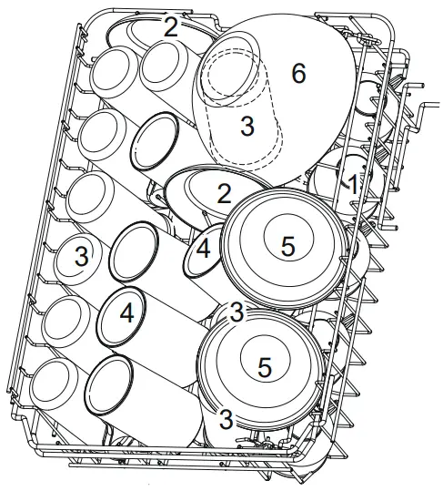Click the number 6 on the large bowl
(x=297, y=75)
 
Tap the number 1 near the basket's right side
(x=351, y=182)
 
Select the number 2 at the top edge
(x=170, y=26)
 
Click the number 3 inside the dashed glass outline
(x=247, y=127)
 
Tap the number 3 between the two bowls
(x=237, y=312)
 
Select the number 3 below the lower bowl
(x=227, y=419)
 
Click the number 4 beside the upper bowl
(x=204, y=250)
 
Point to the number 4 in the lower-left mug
(x=126, y=312)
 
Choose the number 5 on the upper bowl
(x=287, y=245)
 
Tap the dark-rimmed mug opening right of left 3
(x=133, y=248)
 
